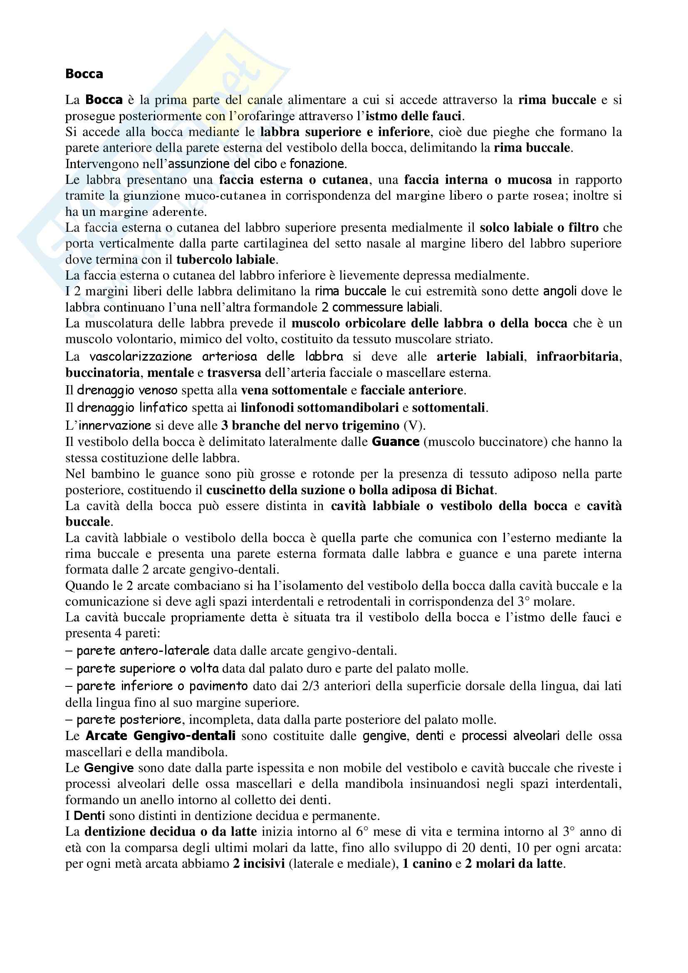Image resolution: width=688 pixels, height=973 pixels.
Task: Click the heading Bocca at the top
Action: pos(84,74)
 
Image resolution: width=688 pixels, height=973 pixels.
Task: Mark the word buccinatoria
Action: pos(102,373)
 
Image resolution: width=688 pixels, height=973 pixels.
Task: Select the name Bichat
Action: pos(475,490)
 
